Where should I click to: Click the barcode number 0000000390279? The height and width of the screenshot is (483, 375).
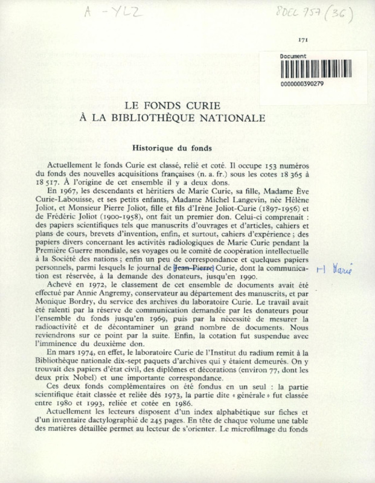pos(302,84)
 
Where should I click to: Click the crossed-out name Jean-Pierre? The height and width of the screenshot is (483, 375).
pos(193,265)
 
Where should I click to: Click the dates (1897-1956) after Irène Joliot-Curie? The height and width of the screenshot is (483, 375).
pos(253,208)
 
